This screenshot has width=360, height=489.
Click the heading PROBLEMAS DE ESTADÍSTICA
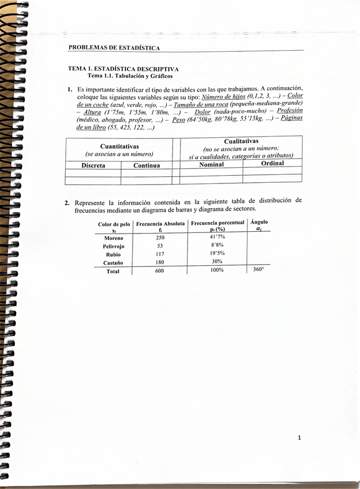point(114,47)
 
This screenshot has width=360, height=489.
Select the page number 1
point(299,438)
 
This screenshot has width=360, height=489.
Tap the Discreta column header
point(93,165)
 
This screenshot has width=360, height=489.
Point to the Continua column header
point(147,165)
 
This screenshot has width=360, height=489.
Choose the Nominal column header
point(211,164)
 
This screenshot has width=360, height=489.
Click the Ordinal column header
point(272,163)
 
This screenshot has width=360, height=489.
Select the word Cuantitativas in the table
point(119,146)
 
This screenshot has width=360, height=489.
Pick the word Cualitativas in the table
point(241,141)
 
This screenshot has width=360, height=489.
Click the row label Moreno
point(114,238)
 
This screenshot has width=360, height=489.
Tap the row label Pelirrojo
point(114,246)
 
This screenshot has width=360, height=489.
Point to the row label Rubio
point(114,254)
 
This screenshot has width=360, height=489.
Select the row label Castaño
point(114,263)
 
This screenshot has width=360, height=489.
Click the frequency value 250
point(160,238)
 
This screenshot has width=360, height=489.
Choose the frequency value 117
point(160,254)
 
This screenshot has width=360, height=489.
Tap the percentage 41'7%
point(217,237)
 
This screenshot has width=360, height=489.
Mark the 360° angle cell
point(258,269)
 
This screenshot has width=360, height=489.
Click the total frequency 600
point(160,271)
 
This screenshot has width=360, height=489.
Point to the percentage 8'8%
point(217,245)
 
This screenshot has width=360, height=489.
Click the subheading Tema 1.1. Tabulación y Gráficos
point(130,76)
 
